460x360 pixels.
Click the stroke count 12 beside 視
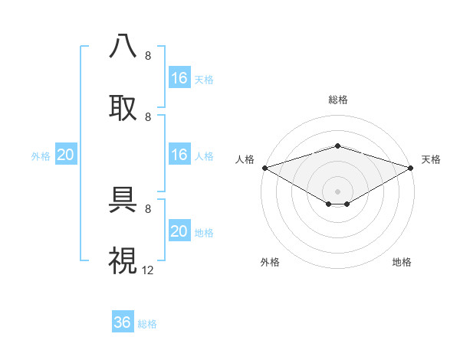148,270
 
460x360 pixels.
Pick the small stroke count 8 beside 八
148,56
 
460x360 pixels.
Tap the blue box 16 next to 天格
179,77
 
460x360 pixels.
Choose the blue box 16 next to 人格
179,155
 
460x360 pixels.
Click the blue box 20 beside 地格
179,231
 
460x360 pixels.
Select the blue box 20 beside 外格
65,155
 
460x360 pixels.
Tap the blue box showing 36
122,322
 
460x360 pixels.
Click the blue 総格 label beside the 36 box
147,324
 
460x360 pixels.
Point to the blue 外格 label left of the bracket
41,156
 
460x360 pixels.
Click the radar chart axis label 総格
337,100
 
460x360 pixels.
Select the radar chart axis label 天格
431,159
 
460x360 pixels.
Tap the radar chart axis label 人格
245,159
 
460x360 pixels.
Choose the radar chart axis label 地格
402,262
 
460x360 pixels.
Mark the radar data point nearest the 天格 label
411,167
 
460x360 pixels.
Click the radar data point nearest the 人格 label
264,167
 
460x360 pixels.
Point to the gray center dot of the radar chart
337,191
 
